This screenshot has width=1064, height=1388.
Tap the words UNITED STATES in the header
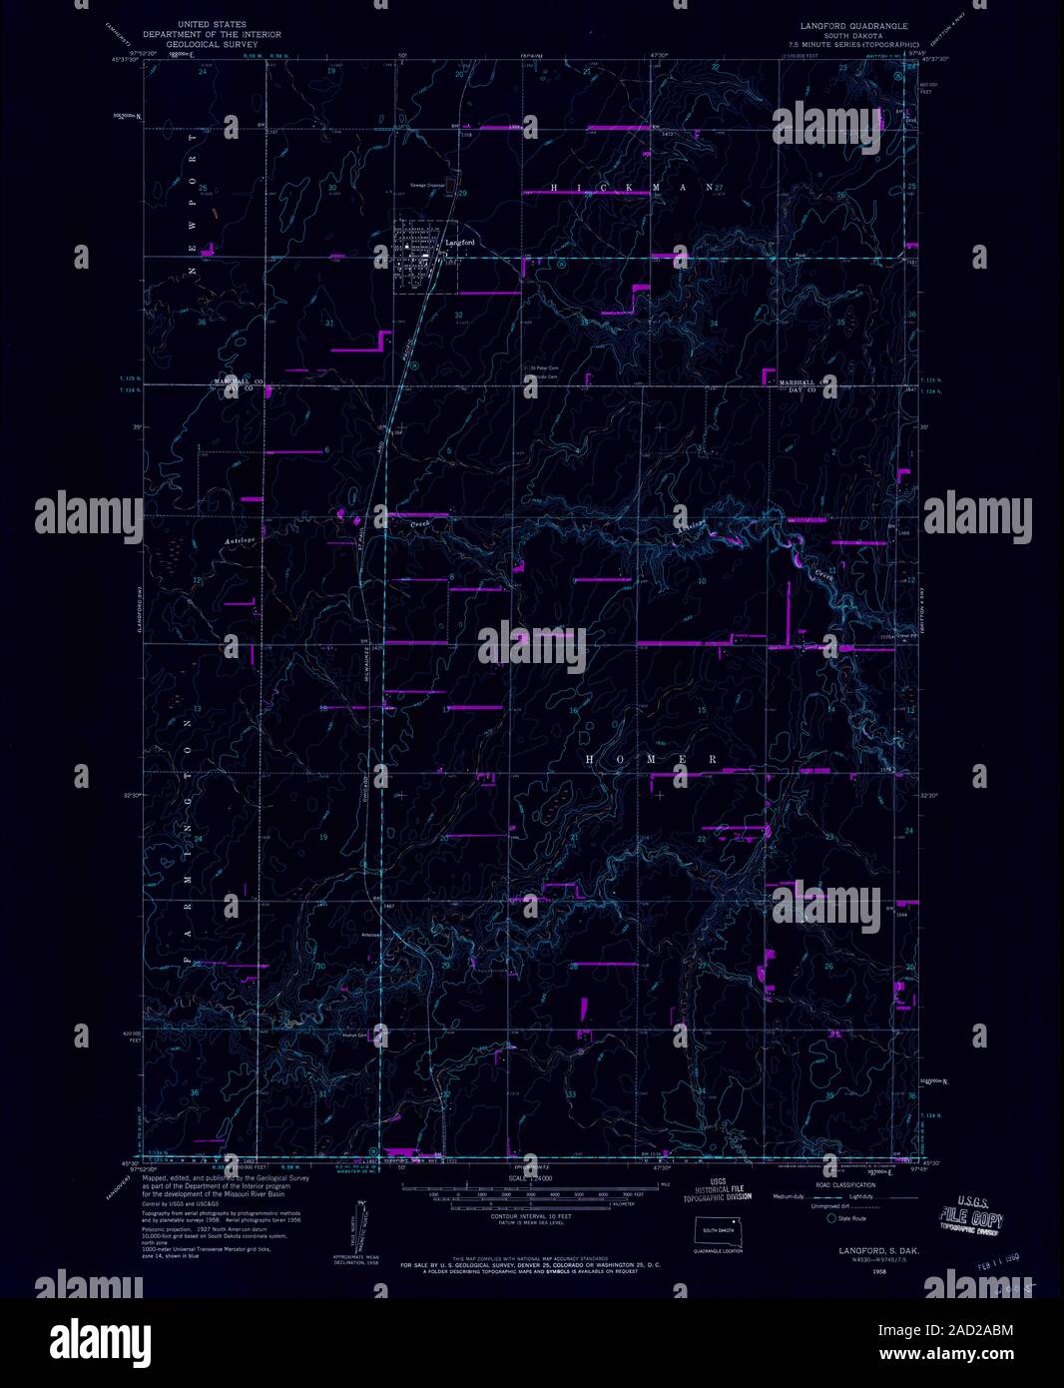tap(211, 24)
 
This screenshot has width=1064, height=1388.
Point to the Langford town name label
tap(459, 243)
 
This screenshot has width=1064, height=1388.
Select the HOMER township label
tap(650, 760)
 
